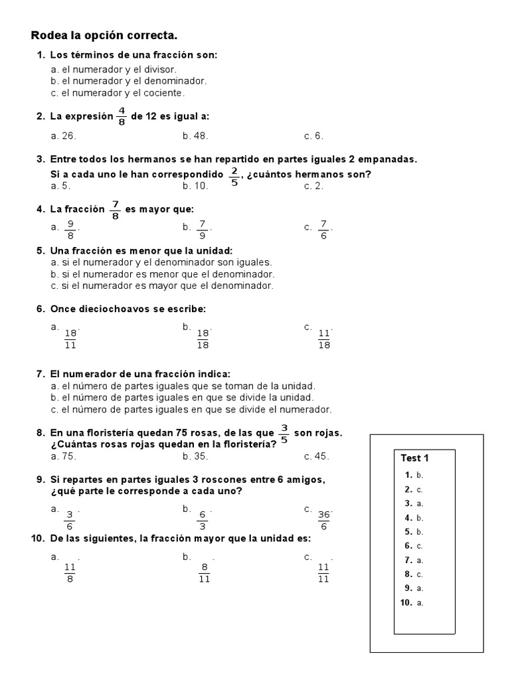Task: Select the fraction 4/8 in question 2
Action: [122, 116]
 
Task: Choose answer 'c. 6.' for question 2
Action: [313, 136]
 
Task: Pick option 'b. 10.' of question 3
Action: [195, 186]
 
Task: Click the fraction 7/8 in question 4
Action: [115, 210]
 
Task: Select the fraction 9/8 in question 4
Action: [70, 230]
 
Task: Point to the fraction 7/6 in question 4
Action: [323, 230]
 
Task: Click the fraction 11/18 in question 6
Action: [324, 339]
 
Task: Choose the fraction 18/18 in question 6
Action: [203, 339]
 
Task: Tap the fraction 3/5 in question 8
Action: [284, 433]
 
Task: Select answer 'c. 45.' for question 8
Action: [317, 456]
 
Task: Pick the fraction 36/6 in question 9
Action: [324, 520]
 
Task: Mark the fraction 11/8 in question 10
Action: [70, 572]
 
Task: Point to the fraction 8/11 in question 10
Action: [205, 572]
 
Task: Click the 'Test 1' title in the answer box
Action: [415, 458]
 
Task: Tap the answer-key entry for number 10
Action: [412, 602]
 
